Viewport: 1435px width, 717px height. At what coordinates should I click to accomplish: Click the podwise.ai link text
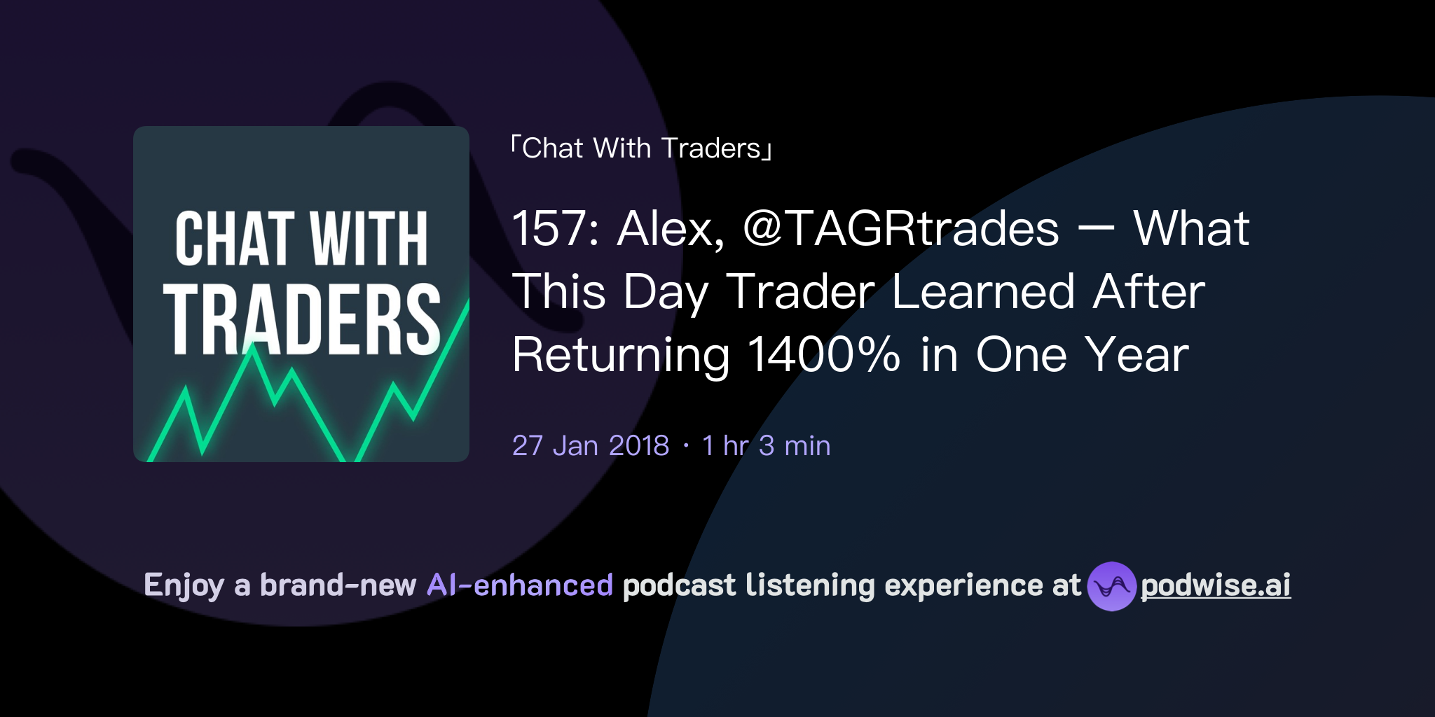(x=1216, y=585)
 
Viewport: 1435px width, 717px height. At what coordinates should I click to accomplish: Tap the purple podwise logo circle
(x=1111, y=586)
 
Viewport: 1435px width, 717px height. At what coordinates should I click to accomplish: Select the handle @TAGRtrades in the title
(x=900, y=229)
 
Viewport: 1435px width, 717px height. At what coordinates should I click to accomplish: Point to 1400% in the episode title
(x=824, y=354)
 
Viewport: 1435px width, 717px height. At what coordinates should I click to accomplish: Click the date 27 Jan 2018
(x=591, y=445)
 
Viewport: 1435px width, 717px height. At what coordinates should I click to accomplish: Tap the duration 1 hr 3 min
(x=766, y=445)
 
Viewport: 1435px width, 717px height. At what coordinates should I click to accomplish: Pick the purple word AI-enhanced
(x=520, y=585)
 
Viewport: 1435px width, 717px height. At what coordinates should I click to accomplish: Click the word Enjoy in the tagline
(x=184, y=585)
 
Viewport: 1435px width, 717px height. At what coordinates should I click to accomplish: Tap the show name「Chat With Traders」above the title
(x=641, y=148)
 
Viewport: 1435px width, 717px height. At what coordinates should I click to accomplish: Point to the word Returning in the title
(x=621, y=354)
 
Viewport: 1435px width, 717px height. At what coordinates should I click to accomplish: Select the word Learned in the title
(x=983, y=292)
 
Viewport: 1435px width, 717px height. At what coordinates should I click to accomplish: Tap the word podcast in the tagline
(x=679, y=585)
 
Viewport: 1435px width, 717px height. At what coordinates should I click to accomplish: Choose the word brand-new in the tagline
(x=338, y=585)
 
